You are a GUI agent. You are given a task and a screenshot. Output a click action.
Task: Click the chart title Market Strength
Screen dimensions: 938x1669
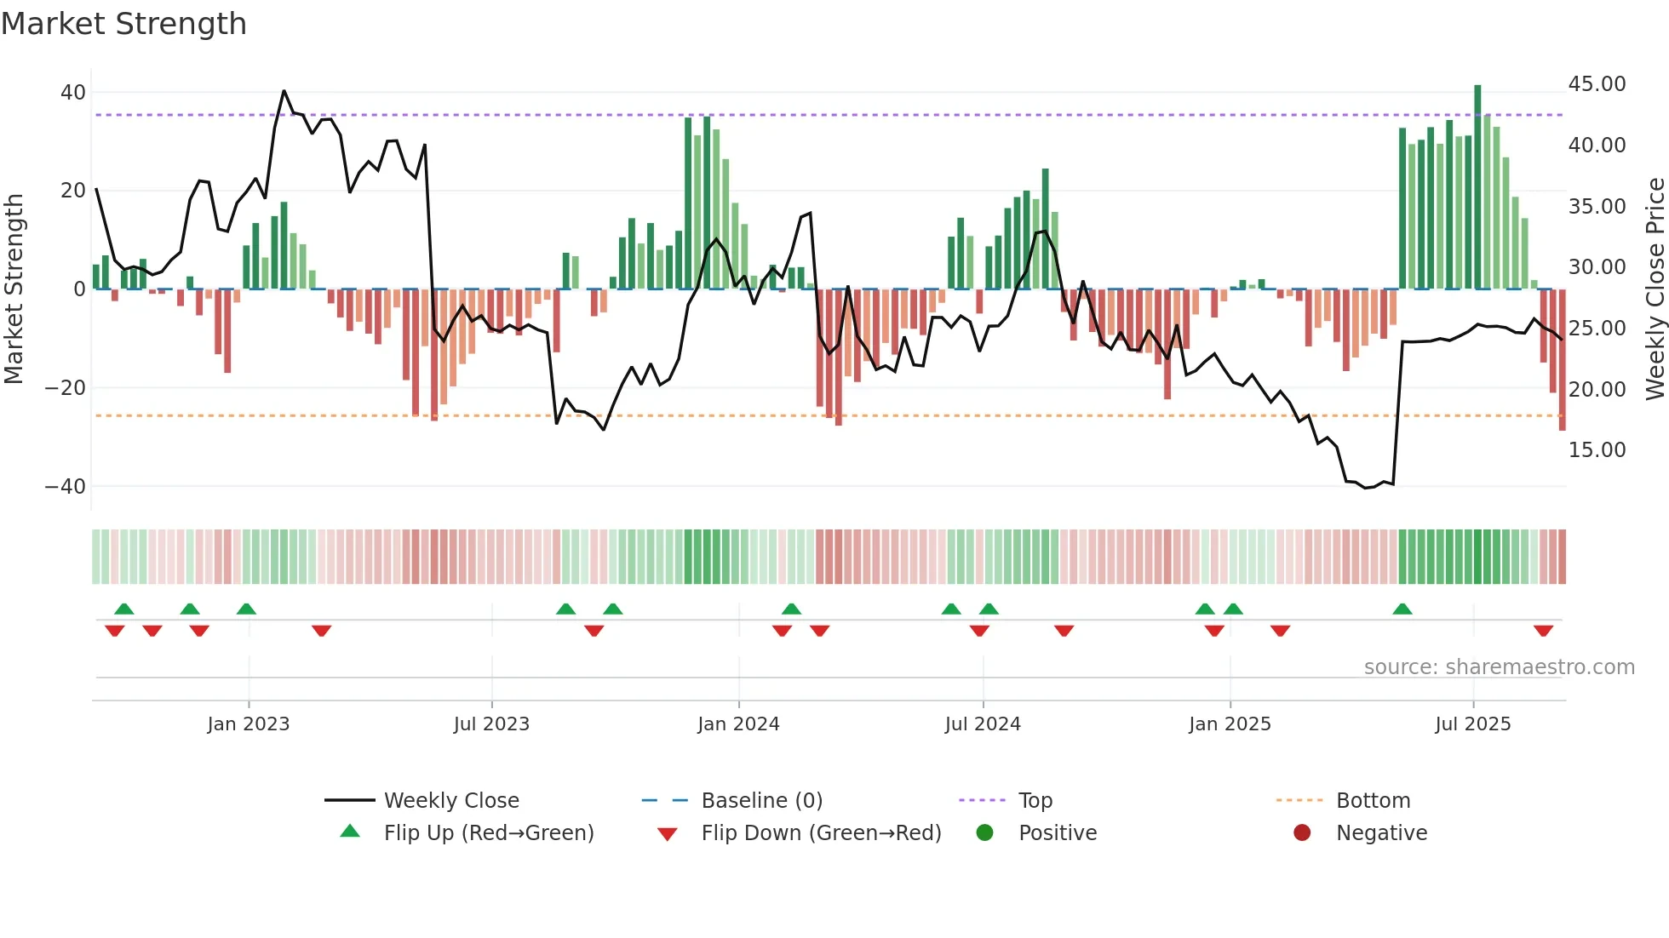pos(123,24)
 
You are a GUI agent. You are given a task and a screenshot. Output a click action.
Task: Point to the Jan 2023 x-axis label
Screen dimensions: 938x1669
pos(249,724)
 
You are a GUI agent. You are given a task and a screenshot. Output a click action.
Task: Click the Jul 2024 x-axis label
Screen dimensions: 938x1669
pos(983,724)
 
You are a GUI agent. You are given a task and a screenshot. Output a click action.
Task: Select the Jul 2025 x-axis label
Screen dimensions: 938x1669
pos(1473,724)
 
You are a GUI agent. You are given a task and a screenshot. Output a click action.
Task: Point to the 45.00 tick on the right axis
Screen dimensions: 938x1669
pos(1597,83)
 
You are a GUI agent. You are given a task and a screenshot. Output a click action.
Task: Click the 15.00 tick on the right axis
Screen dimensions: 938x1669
pos(1597,449)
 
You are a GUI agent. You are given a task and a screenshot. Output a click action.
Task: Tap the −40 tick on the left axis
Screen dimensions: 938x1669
pos(66,486)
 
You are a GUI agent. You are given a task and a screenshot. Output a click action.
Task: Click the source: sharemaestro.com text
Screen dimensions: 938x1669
pos(1499,666)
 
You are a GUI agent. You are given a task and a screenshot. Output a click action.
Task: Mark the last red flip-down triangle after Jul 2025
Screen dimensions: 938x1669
pos(1543,631)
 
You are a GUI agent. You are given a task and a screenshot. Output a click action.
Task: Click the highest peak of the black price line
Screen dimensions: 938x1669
pos(284,91)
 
